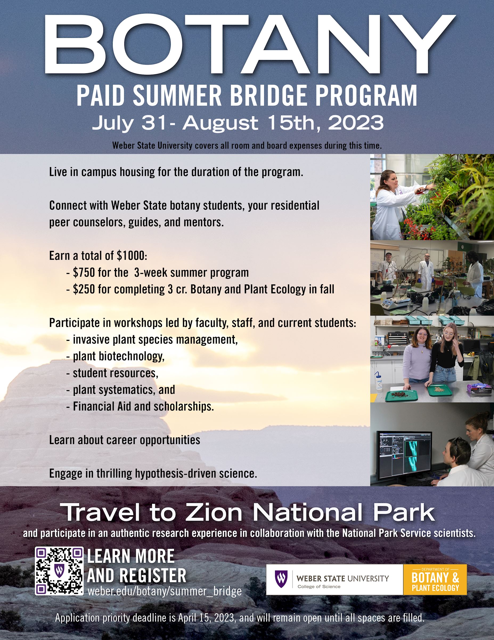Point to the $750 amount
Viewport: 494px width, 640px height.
(84, 272)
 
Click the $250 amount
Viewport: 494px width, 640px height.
(84, 289)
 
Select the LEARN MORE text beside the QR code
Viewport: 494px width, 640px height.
(130, 556)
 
